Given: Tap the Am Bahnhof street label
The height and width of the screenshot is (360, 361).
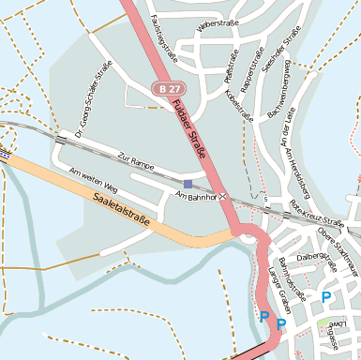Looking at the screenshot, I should click(x=196, y=197).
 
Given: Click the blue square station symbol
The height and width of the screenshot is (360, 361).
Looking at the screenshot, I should click(x=188, y=184).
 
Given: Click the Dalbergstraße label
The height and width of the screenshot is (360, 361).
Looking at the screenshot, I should click(x=315, y=256).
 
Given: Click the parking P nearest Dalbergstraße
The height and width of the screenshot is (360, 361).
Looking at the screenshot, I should click(x=325, y=297).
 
